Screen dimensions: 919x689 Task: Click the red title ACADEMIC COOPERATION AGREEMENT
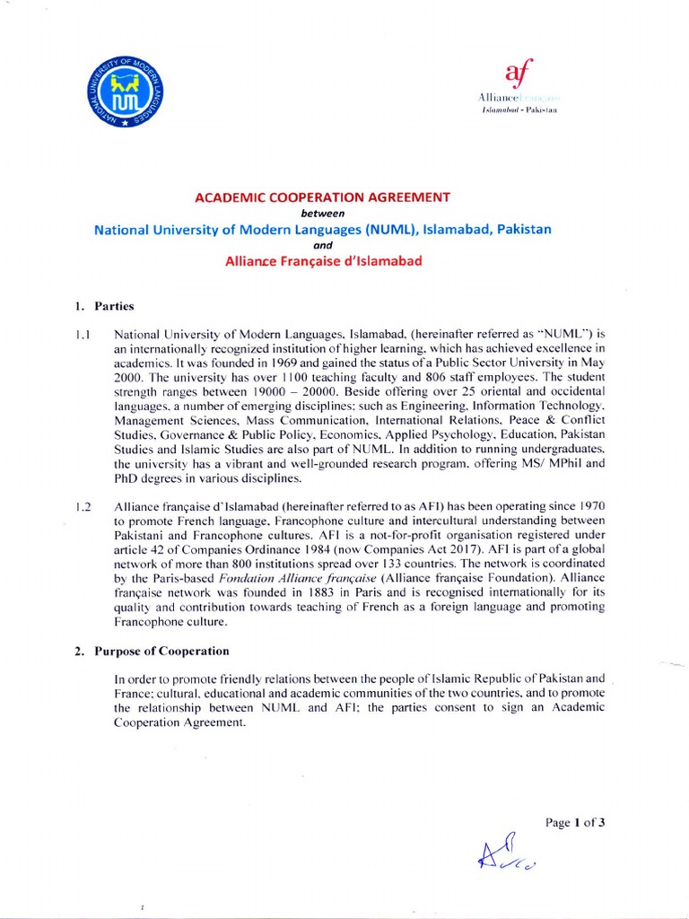[x=324, y=197]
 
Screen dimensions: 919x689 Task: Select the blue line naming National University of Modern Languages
[x=323, y=229]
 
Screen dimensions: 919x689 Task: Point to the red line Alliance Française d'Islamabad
[x=323, y=261]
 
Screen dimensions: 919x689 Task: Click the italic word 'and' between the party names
[x=323, y=245]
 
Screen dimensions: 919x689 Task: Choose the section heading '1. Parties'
[x=104, y=306]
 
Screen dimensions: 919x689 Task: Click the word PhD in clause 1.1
[x=126, y=478]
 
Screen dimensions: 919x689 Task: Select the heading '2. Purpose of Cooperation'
[x=152, y=651]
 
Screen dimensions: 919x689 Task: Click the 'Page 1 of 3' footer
[x=576, y=823]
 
